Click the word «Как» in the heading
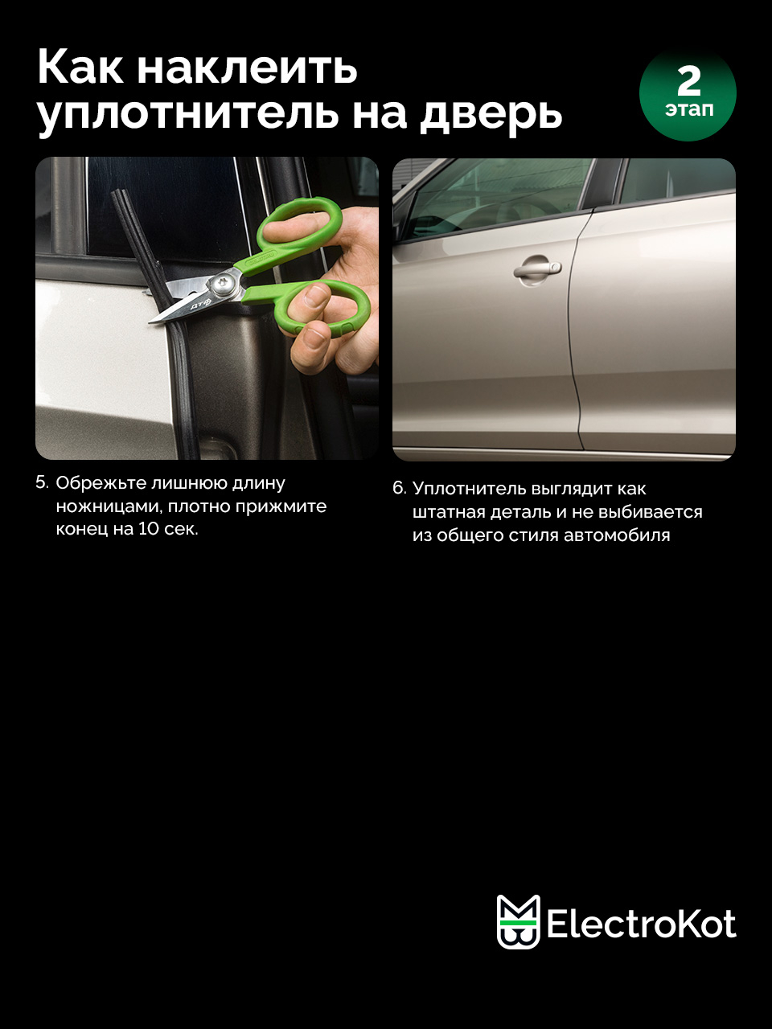[x=80, y=68]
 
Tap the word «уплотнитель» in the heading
[x=187, y=114]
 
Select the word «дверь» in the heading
[x=491, y=115]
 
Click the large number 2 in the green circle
[x=688, y=81]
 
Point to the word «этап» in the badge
[x=689, y=110]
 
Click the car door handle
[x=537, y=270]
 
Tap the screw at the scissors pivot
[x=222, y=283]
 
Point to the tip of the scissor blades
[x=150, y=322]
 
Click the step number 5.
[x=42, y=483]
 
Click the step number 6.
[x=399, y=489]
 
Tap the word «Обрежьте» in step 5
[x=101, y=483]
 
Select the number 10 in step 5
[x=148, y=529]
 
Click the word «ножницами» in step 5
[x=109, y=506]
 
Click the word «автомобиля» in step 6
[x=617, y=535]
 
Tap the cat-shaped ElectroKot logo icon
[x=519, y=921]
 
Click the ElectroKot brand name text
[x=641, y=924]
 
